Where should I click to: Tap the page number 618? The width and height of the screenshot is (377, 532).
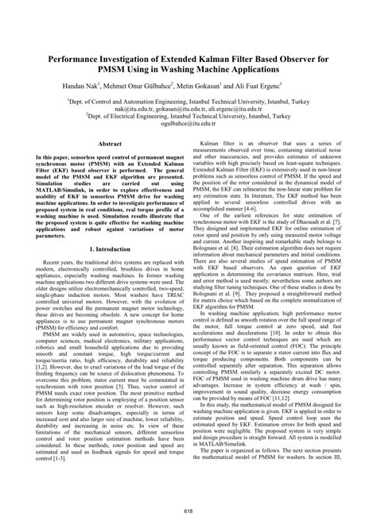click(188, 511)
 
